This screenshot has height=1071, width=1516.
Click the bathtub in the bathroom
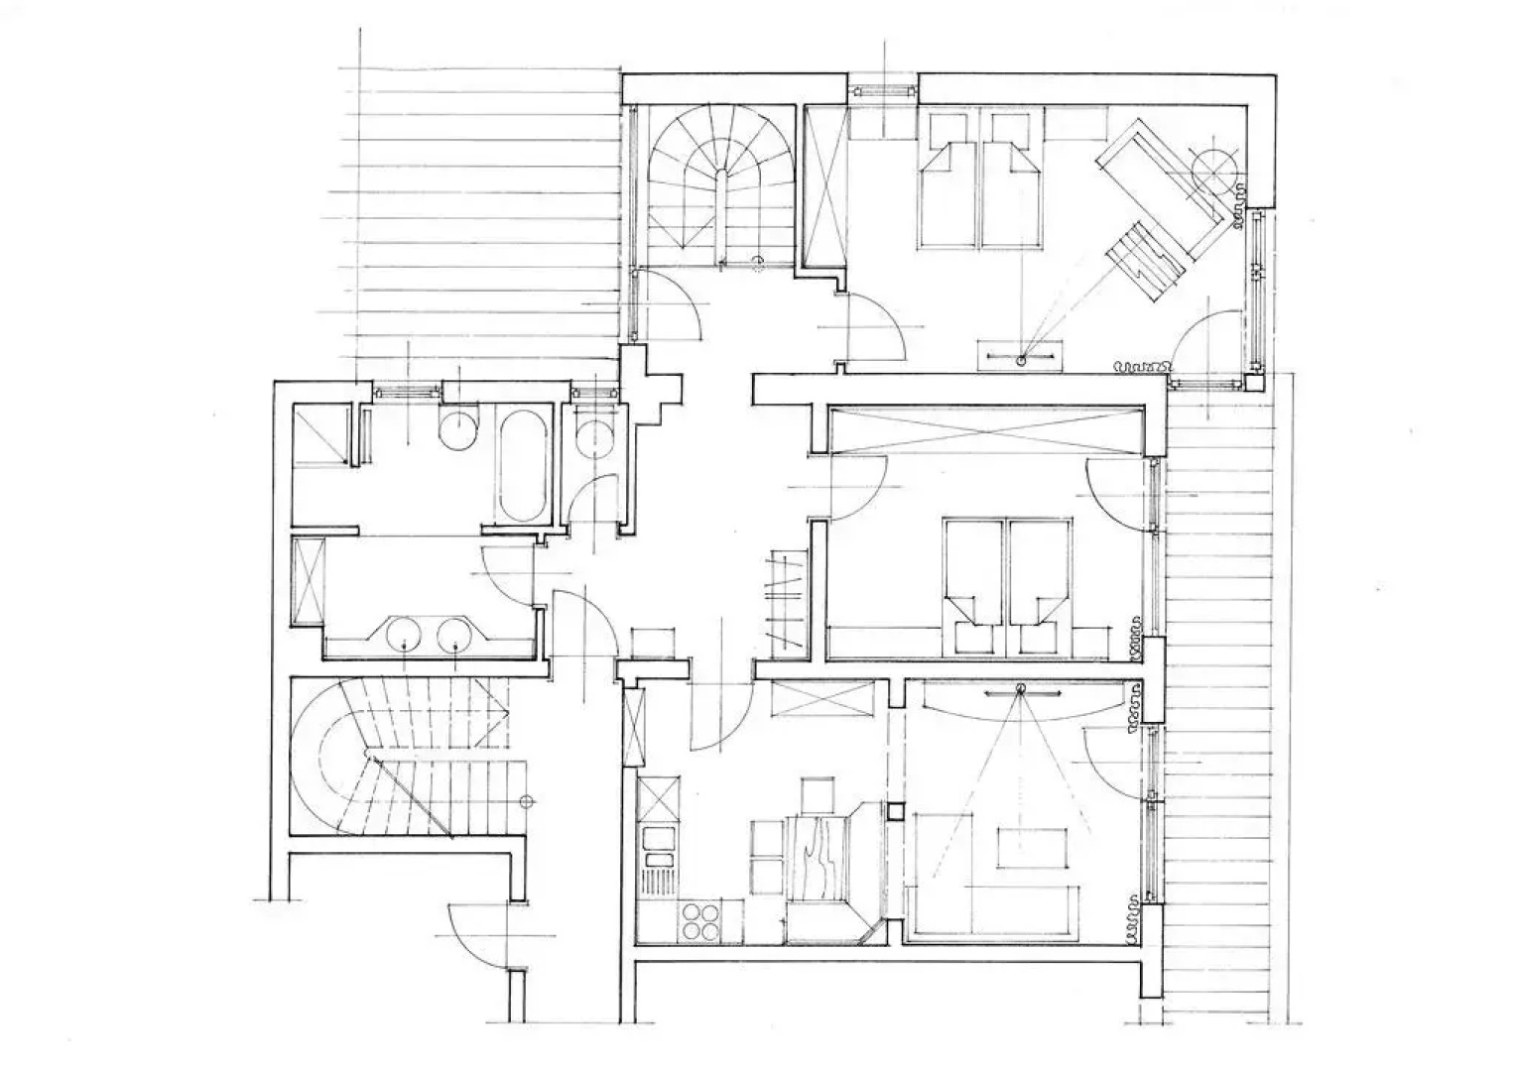click(x=522, y=466)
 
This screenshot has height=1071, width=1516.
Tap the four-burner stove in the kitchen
click(x=699, y=921)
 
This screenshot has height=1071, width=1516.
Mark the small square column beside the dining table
click(x=895, y=811)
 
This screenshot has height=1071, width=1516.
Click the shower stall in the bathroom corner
click(x=319, y=434)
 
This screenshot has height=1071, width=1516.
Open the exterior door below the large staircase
click(x=476, y=937)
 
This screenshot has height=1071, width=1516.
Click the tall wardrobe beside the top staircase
click(x=825, y=183)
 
